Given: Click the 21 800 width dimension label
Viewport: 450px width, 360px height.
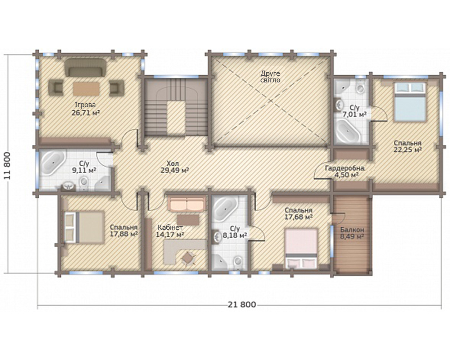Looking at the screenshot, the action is click(242, 305).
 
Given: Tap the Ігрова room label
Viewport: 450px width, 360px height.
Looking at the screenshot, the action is click(85, 105).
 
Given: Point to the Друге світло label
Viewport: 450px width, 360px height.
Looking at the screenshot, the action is click(270, 77).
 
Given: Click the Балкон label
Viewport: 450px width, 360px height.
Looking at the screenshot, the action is click(352, 230).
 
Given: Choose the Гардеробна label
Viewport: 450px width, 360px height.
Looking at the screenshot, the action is click(345, 168).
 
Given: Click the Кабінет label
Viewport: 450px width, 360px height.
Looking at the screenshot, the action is click(170, 227).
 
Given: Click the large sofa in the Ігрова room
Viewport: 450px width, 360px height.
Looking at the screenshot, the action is click(86, 68).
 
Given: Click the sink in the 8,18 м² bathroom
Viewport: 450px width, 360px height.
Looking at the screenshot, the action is click(217, 237).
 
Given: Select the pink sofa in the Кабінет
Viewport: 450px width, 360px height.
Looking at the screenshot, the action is click(187, 204).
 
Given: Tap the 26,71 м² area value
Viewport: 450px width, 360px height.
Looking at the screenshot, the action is click(86, 113).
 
